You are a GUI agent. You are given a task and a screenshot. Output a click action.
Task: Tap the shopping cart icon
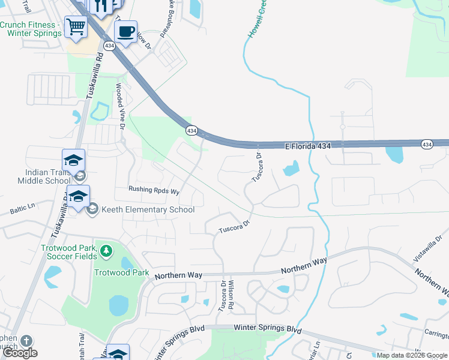(x=76, y=26)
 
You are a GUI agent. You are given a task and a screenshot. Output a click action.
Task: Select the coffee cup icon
(x=125, y=31)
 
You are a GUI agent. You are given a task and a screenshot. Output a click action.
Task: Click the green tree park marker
(x=106, y=250)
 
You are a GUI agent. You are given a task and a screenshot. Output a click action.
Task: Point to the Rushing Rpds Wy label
(x=154, y=190)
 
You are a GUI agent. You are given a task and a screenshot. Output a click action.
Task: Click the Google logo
(x=20, y=353)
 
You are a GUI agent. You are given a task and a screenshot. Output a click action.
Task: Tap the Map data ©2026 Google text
(x=412, y=355)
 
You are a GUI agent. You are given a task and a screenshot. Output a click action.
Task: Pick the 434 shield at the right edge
(x=426, y=144)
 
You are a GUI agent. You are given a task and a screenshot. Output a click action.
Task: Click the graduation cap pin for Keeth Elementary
(x=78, y=196)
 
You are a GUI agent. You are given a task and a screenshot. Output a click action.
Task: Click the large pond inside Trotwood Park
(x=118, y=305)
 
